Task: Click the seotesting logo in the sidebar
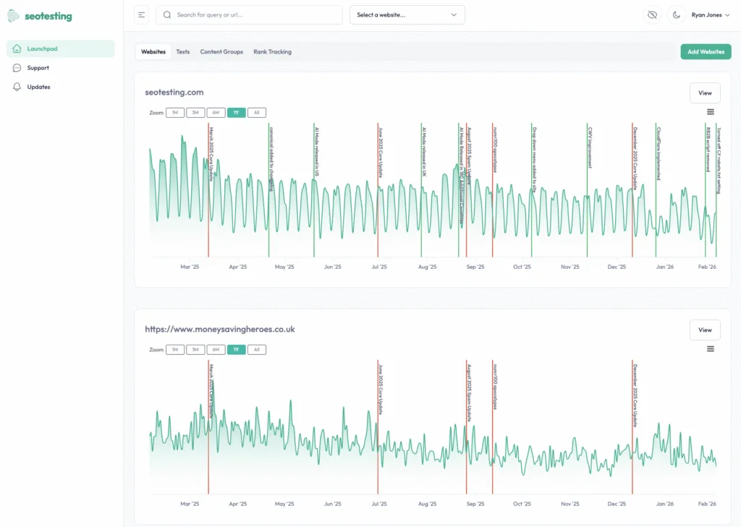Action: [x=40, y=16]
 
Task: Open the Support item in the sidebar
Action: [x=38, y=68]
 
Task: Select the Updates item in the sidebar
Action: [x=38, y=87]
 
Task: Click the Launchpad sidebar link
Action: [x=42, y=48]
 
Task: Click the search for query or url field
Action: [x=250, y=14]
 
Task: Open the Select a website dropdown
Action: [x=407, y=14]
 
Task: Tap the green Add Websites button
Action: [x=706, y=52]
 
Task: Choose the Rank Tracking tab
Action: [x=272, y=52]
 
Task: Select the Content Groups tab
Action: [x=221, y=52]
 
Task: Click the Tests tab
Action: [x=183, y=52]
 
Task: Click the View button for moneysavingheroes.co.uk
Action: [x=705, y=330]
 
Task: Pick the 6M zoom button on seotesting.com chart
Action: [x=216, y=113]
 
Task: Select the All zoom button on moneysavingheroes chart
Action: [x=256, y=350]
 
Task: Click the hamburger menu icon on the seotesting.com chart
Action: [x=711, y=112]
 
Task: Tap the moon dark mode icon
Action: [x=677, y=14]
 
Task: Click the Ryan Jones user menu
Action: [x=711, y=14]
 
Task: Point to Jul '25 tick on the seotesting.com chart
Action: [x=378, y=267]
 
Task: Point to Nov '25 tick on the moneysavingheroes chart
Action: [x=570, y=504]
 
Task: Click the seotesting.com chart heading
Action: [x=174, y=93]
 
